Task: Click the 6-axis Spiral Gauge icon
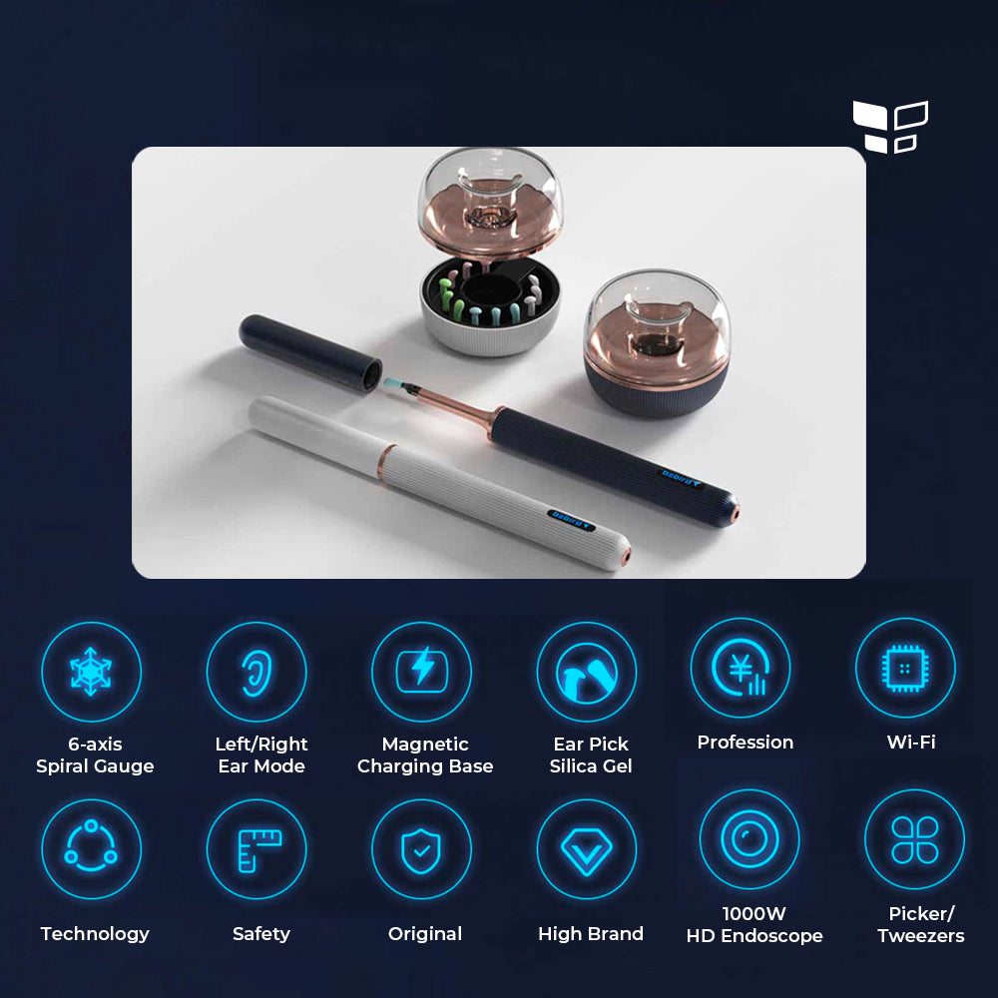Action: pyautogui.click(x=91, y=672)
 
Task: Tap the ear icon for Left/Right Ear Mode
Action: pyautogui.click(x=256, y=672)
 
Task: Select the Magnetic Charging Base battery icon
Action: pyautogui.click(x=421, y=672)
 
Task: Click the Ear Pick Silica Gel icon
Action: pyautogui.click(x=587, y=672)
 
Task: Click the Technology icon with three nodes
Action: pyautogui.click(x=91, y=849)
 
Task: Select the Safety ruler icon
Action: pyautogui.click(x=256, y=849)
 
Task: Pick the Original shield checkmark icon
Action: pyautogui.click(x=421, y=849)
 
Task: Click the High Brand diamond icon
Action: pyautogui.click(x=587, y=849)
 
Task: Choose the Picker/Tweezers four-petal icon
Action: pyautogui.click(x=914, y=838)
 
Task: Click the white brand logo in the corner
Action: pyautogui.click(x=890, y=127)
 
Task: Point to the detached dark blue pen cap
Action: pyautogui.click(x=309, y=353)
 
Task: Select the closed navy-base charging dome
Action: pyautogui.click(x=655, y=344)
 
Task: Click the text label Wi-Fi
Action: pyautogui.click(x=911, y=743)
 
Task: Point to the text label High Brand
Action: pyautogui.click(x=591, y=934)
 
